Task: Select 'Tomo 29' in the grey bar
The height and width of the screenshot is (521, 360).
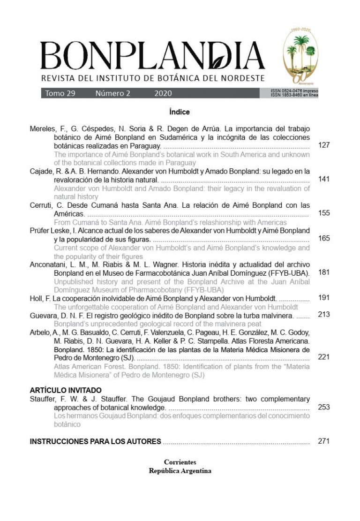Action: (60, 93)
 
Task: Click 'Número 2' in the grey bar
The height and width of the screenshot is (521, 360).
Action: (113, 93)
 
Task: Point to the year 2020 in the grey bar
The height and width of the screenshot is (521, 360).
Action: (163, 93)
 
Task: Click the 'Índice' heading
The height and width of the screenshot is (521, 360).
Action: (180, 113)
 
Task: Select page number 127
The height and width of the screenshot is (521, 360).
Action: (323, 145)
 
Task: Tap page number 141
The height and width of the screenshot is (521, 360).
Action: (323, 179)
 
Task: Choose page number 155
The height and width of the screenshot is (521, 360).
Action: (323, 213)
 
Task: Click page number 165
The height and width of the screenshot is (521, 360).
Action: (323, 238)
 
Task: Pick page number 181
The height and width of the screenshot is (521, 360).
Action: (323, 272)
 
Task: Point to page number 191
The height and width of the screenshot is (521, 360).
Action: (323, 297)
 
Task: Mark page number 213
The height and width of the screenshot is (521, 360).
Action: (323, 314)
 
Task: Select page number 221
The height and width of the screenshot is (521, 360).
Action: (323, 357)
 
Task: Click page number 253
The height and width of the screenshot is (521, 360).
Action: (323, 407)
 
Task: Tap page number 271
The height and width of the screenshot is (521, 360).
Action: (323, 441)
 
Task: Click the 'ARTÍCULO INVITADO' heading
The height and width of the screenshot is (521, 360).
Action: (66, 390)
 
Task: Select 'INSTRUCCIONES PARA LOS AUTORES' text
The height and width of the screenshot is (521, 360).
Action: (96, 441)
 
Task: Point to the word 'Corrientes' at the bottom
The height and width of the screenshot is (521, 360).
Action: (180, 462)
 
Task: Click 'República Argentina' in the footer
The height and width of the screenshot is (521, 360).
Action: (180, 471)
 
